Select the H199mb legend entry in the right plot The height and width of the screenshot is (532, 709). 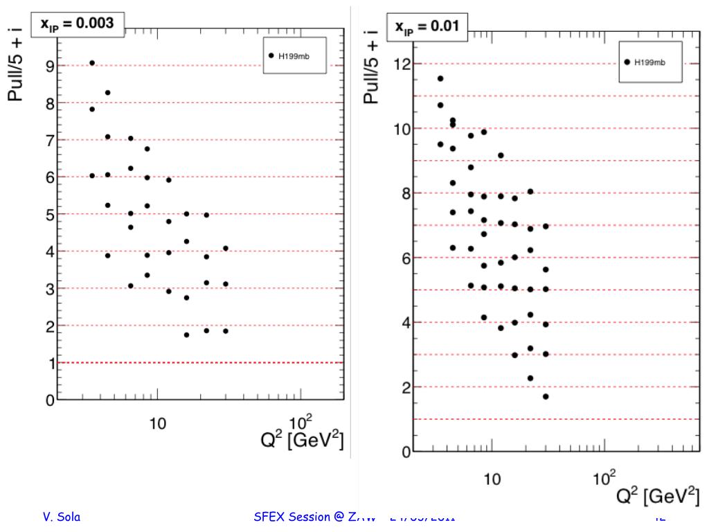point(648,62)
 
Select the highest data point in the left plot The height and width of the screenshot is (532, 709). point(92,63)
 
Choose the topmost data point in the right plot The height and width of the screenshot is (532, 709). point(440,79)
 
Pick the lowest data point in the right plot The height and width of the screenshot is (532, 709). point(546,396)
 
